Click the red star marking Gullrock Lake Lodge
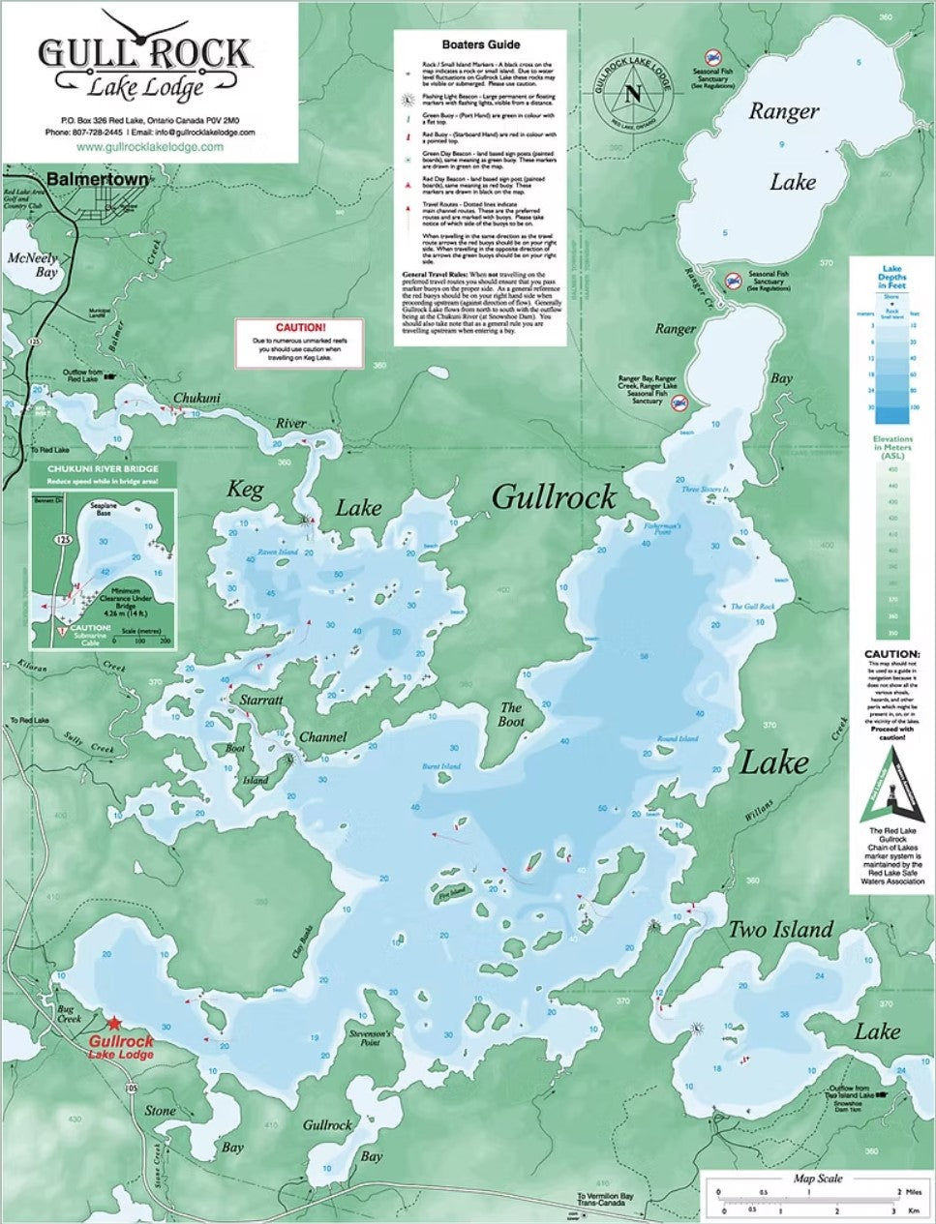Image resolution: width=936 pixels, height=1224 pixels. [x=114, y=1023]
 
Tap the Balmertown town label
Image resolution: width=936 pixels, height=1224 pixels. [x=97, y=180]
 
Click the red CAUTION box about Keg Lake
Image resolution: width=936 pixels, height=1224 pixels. [x=300, y=343]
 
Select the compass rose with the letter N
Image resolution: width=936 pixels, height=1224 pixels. [x=633, y=94]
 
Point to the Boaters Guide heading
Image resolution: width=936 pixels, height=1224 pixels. [x=480, y=45]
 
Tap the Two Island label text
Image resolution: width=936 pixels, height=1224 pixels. [x=780, y=930]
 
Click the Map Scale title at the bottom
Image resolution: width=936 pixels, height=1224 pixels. [x=817, y=1179]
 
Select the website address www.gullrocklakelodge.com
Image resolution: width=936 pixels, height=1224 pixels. [x=149, y=147]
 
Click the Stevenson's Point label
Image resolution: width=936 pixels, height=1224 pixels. [x=369, y=1038]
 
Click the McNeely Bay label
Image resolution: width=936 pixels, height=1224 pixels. [x=33, y=265]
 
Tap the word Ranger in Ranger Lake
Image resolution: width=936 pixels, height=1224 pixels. [x=783, y=112]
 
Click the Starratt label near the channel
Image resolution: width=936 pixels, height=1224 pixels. [x=261, y=700]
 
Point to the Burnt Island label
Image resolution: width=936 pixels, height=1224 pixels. [x=441, y=766]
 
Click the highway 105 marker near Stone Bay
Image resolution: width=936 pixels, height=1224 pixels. [x=131, y=1090]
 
